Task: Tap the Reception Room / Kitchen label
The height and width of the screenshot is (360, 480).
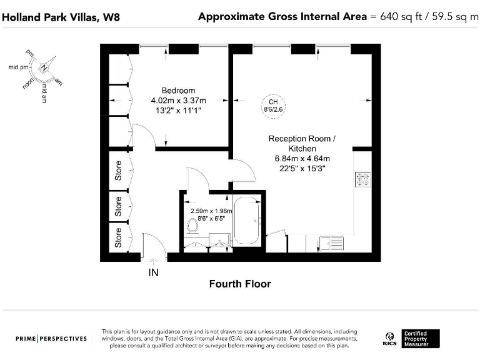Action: (x=297, y=143)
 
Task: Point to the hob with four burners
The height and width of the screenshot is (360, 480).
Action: (x=363, y=179)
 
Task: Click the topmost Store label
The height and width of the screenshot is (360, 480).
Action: (x=118, y=171)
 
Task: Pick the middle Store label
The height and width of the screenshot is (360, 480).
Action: (x=118, y=206)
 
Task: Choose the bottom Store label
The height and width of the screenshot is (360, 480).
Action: (x=118, y=238)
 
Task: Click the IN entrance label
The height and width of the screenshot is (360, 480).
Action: (x=153, y=272)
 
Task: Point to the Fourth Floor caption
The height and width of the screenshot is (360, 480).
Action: (x=240, y=284)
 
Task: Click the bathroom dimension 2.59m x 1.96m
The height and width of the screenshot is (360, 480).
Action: (x=211, y=211)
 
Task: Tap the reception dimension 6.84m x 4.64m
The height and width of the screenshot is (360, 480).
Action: (x=300, y=158)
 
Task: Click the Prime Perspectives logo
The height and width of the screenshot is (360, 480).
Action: (x=51, y=339)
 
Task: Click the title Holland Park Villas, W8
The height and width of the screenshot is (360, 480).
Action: (x=61, y=17)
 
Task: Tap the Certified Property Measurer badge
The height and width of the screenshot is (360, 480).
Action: (x=421, y=339)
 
